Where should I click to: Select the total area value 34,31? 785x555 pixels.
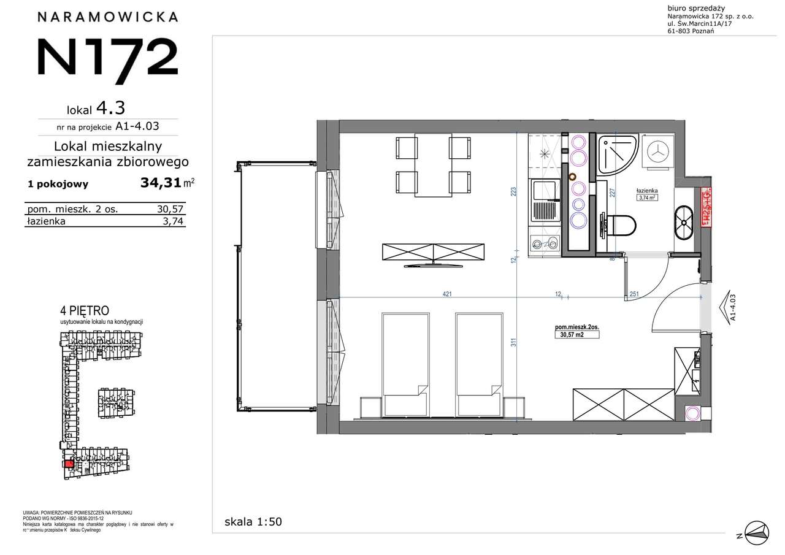point(160,183)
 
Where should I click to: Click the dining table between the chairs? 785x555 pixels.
point(433,166)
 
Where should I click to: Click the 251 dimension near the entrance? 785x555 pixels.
point(634,294)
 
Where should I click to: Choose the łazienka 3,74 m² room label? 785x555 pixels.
point(647,194)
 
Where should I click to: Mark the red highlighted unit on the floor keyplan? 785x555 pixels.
point(69,464)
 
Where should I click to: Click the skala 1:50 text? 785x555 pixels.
point(253,522)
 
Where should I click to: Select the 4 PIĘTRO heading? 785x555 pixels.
point(85,312)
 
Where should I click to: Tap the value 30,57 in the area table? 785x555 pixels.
point(169,209)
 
